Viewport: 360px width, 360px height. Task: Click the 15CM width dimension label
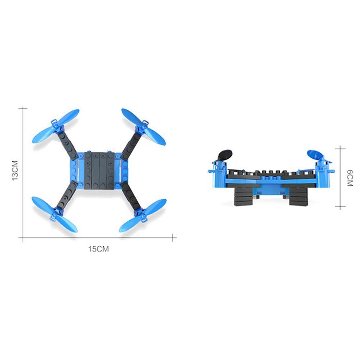(98, 249)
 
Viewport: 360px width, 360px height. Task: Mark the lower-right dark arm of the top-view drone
(130, 197)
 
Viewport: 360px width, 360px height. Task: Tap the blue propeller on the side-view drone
(315, 155)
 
